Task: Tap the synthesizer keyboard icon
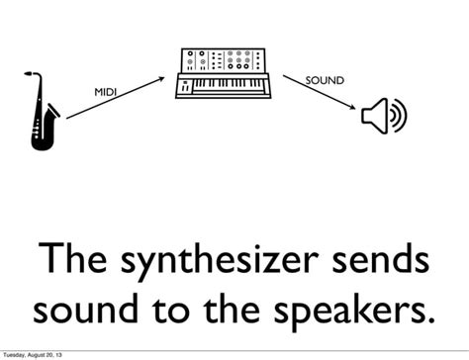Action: pos(227,74)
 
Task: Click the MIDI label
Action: pos(106,92)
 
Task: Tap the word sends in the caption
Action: pos(380,262)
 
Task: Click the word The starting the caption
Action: pos(76,262)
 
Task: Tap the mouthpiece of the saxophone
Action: pos(32,72)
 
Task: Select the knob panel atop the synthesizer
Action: pos(227,60)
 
